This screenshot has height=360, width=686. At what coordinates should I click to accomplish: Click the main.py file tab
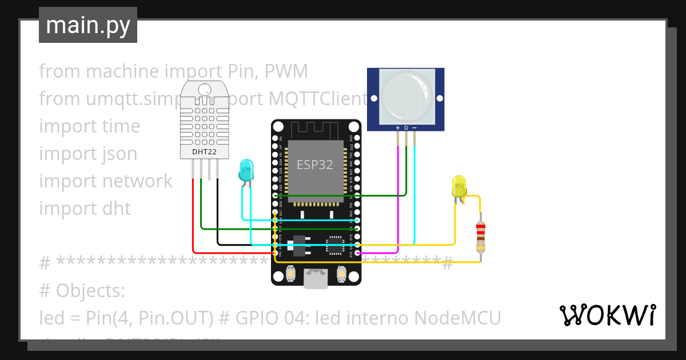[x=87, y=25]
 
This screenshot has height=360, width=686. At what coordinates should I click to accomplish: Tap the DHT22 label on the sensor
[x=204, y=152]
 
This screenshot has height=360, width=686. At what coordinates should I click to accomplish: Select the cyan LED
[x=246, y=170]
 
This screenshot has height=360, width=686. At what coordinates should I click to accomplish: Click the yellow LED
[x=459, y=186]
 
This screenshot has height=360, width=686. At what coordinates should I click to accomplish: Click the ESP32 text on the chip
[x=314, y=165]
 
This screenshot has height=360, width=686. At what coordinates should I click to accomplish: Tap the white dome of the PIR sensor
[x=405, y=94]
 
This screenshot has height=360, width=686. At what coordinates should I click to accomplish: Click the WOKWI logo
[x=607, y=315]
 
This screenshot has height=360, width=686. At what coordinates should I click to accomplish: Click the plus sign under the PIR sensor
[x=398, y=127]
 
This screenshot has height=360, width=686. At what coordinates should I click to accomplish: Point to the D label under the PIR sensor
[x=406, y=127]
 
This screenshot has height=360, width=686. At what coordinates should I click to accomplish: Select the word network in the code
[x=137, y=181]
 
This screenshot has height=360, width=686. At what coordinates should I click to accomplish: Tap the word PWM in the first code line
[x=288, y=71]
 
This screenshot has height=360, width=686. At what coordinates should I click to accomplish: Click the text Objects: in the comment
[x=90, y=291]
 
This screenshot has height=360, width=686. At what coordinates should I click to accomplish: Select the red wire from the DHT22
[x=193, y=223]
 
